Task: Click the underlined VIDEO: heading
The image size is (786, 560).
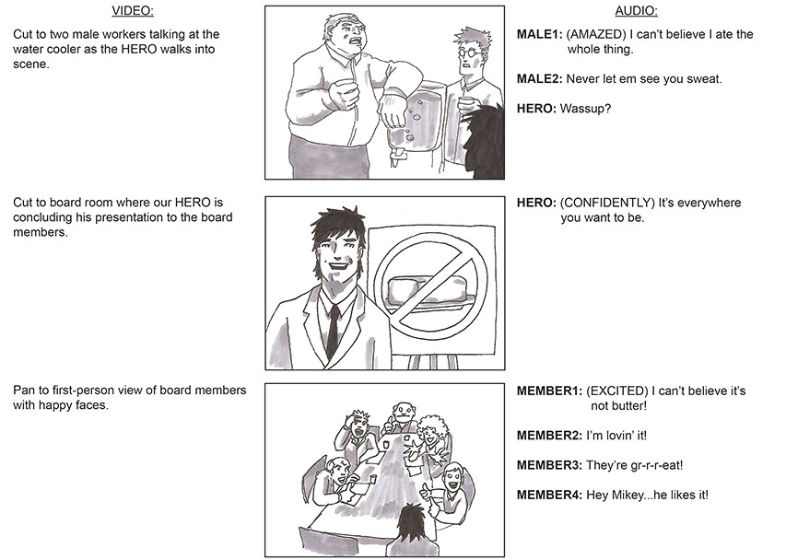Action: point(133,10)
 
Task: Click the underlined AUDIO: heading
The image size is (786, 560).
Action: point(636,10)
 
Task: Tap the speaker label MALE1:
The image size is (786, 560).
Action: point(539,35)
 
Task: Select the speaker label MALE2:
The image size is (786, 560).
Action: point(539,79)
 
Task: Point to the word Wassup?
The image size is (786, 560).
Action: point(585,109)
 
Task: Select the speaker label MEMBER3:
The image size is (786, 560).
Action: point(549,465)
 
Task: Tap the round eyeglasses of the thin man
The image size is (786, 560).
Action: point(472,50)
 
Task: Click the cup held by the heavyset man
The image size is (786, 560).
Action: point(344,92)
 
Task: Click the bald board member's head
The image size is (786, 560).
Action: point(403,414)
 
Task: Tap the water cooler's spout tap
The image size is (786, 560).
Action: point(397,158)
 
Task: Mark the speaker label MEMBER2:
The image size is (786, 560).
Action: point(549,436)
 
